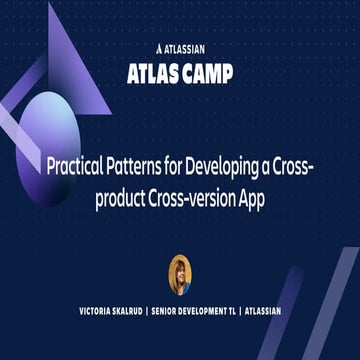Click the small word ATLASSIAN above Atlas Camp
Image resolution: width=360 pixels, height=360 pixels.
click(x=187, y=46)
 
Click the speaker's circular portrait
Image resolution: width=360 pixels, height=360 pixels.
click(x=180, y=274)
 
